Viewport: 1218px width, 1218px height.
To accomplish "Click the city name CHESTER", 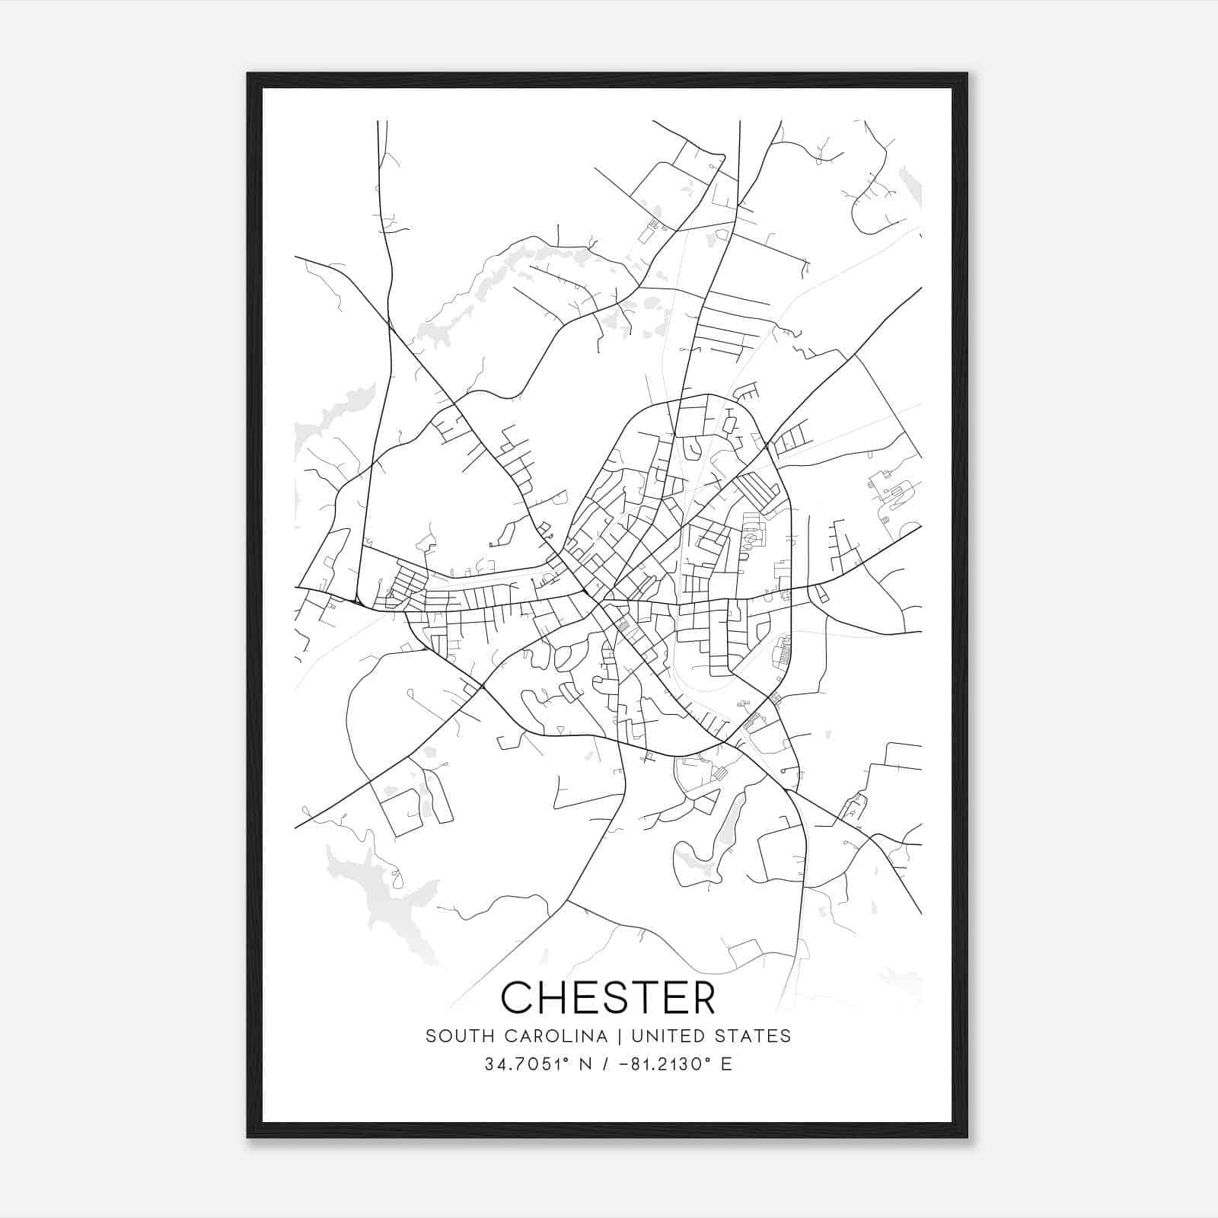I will coord(608,997).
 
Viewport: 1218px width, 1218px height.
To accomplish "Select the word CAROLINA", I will coord(548,1036).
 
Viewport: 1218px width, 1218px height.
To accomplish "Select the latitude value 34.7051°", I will coord(527,1063).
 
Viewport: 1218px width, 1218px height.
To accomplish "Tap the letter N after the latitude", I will coord(586,1063).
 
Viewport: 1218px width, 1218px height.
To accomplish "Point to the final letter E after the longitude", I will coord(726,1063).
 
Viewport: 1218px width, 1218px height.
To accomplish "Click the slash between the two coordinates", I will coord(607,1063).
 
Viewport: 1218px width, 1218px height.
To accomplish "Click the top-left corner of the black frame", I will coord(248,74).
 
